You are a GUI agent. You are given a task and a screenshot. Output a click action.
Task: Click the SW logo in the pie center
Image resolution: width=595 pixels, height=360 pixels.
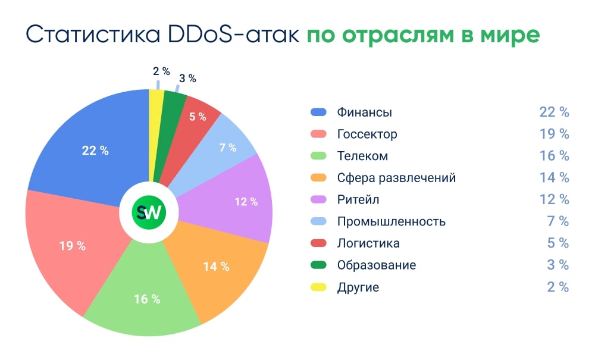[149, 213]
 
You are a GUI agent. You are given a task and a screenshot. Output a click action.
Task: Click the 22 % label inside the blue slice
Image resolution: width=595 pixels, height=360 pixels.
[95, 151]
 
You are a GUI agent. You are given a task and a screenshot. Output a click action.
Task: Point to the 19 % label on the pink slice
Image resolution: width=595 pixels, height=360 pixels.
[72, 245]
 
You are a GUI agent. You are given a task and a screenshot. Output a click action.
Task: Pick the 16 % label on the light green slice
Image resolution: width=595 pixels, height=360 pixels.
[147, 299]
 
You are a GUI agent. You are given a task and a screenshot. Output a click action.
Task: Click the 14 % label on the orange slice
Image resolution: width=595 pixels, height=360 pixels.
[216, 266]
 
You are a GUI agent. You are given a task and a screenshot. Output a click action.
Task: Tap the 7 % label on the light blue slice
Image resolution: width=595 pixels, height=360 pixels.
[228, 148]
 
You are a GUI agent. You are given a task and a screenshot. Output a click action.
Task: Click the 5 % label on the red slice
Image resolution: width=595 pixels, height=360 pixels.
[198, 117]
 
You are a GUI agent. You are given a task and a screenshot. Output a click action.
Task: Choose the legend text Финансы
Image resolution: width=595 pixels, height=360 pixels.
[364, 112]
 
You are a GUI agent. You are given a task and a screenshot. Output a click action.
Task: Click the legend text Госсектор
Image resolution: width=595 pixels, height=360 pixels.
[367, 134]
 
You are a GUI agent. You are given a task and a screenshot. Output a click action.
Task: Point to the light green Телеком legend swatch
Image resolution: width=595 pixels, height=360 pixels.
[318, 156]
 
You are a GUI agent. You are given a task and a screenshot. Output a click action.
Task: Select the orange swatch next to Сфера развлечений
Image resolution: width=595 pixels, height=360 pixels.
[318, 177]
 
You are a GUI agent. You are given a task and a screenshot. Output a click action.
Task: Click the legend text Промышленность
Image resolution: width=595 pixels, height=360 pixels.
[391, 221]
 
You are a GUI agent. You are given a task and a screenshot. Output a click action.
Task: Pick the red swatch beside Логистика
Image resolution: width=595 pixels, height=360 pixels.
[318, 243]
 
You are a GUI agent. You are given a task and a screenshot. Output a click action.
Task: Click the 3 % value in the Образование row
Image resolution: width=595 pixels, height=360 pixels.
[558, 265]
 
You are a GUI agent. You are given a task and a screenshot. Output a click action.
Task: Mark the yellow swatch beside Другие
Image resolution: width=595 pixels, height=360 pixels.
[318, 287]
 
